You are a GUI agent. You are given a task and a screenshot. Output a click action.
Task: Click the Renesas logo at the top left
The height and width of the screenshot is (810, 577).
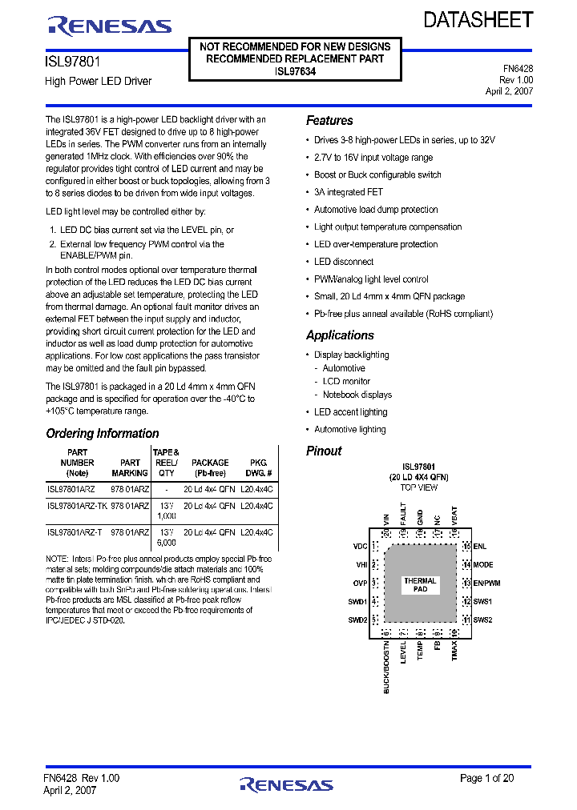[x=109, y=26]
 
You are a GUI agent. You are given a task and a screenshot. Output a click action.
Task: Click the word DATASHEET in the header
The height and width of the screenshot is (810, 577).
[x=478, y=21]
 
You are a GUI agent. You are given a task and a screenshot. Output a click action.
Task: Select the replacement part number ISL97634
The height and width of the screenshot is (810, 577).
[x=295, y=71]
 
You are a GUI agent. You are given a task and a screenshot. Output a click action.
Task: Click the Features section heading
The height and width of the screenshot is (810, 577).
[x=329, y=121]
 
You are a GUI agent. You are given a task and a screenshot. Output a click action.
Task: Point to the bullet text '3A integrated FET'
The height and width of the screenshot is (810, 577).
[x=349, y=192]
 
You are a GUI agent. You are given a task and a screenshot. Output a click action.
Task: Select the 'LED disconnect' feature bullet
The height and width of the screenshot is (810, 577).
[x=344, y=262]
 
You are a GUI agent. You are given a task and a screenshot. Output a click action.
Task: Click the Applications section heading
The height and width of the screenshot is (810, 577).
[x=340, y=335]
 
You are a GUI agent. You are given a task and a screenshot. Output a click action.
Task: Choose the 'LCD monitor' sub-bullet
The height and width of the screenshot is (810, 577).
[x=346, y=382]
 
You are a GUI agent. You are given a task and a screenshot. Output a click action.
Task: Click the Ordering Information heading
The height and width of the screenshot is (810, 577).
[x=103, y=434]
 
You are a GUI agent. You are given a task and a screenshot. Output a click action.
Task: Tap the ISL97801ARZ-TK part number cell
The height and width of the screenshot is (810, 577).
[x=77, y=506]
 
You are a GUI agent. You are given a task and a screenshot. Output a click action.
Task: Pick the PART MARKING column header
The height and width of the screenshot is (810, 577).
[x=130, y=467]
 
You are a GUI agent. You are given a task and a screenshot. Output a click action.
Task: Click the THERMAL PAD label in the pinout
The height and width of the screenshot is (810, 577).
[x=420, y=585]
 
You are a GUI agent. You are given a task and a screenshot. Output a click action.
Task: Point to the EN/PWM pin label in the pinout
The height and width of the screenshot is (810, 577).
[x=486, y=583]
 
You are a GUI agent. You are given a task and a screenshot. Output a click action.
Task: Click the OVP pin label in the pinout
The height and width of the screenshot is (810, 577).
[x=360, y=583]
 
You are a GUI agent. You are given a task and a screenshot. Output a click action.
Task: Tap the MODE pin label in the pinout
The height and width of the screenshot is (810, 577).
[x=483, y=565]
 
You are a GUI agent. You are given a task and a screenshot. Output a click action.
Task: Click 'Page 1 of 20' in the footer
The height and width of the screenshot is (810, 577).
[x=486, y=778]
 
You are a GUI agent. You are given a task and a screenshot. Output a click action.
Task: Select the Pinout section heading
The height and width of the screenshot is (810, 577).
[x=324, y=451]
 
